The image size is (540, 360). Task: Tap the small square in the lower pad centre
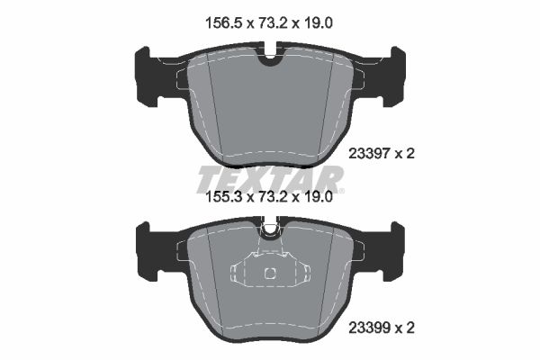tap(269, 274)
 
